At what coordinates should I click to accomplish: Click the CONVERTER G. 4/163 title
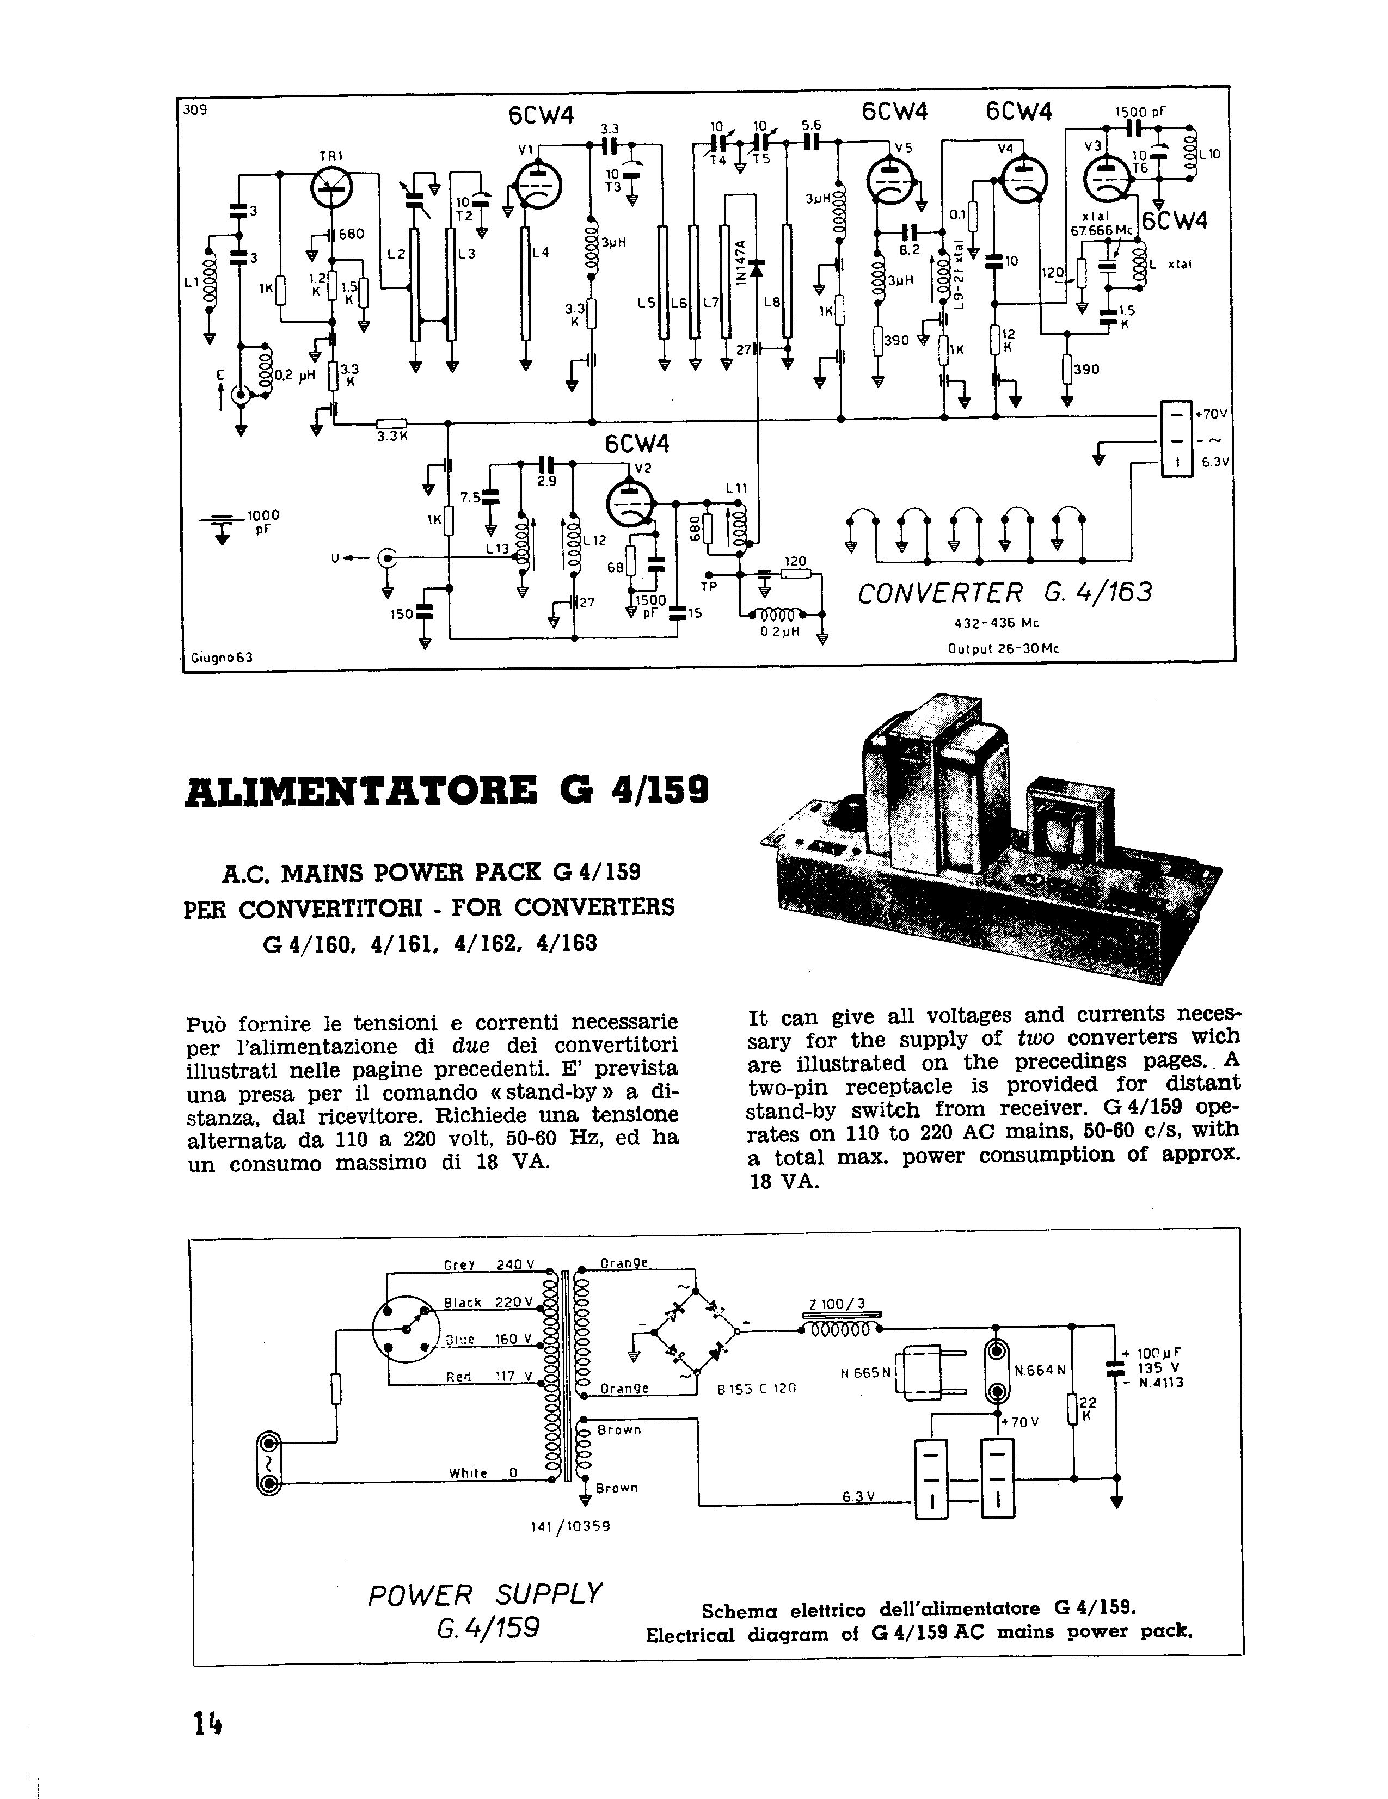[x=1004, y=593]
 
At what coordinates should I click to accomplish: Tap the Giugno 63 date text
[x=222, y=658]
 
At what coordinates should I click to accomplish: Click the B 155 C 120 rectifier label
[x=756, y=1388]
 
